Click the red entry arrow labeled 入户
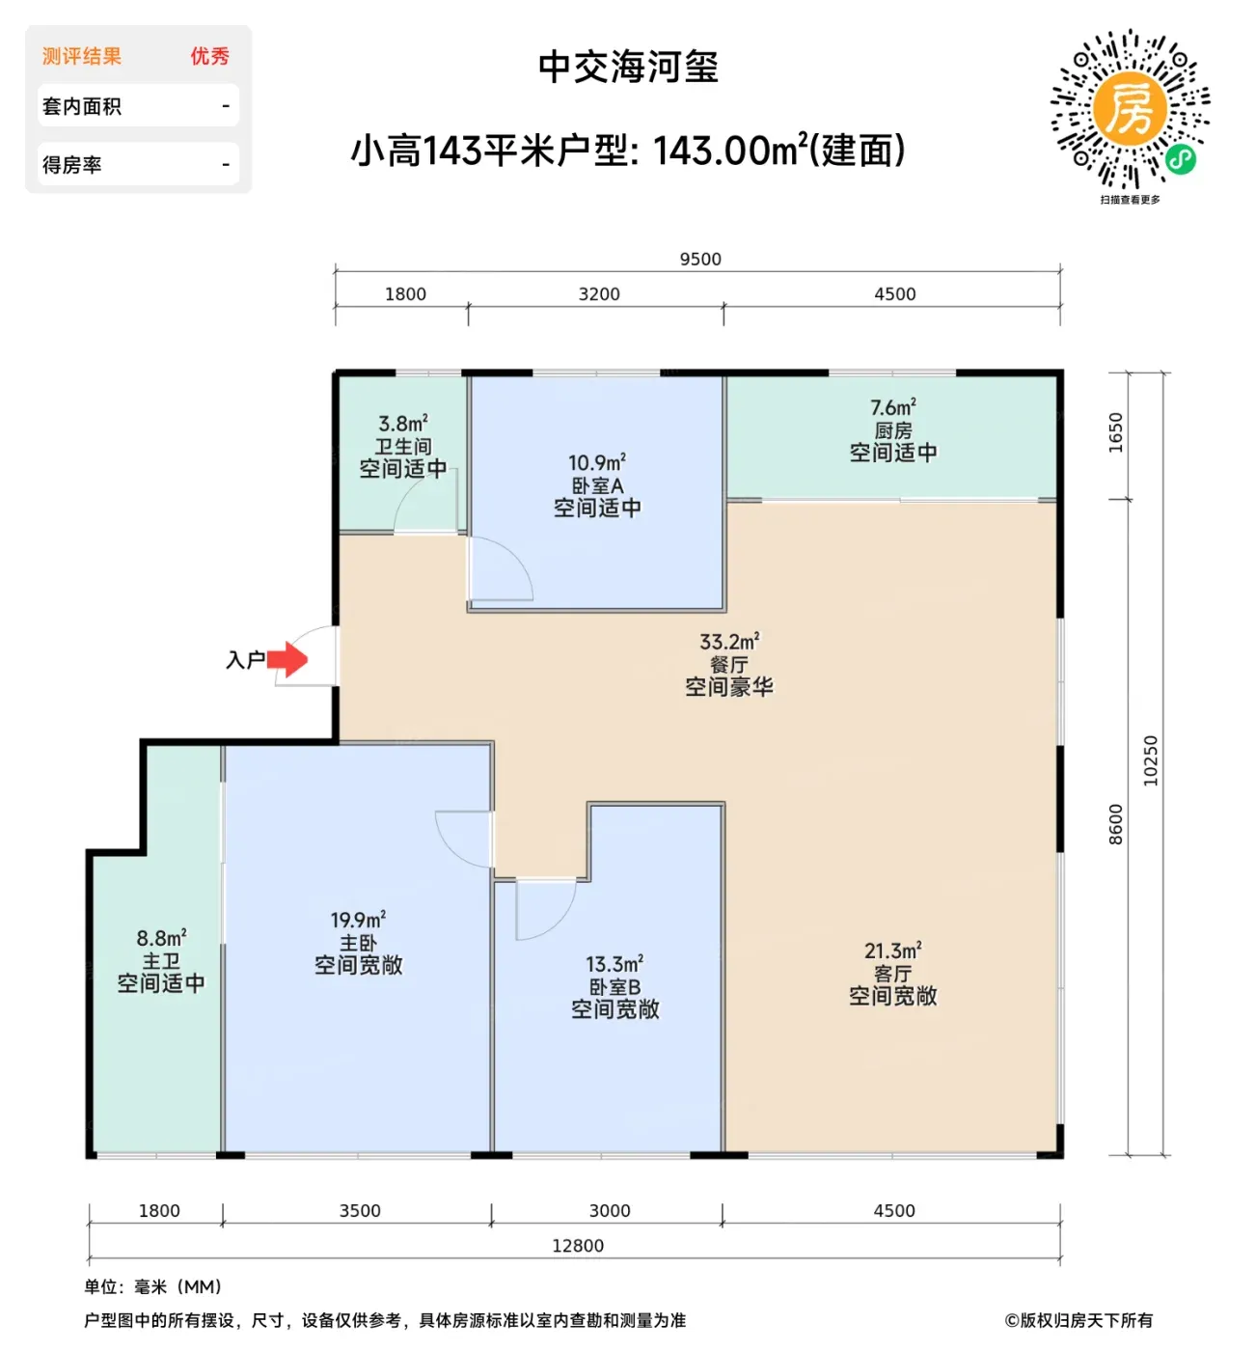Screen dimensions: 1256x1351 pyautogui.click(x=287, y=659)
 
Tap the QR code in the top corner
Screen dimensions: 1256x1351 pyautogui.click(x=1130, y=109)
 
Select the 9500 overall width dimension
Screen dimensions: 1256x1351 pyautogui.click(x=700, y=260)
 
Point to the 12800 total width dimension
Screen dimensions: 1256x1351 pyautogui.click(x=577, y=1246)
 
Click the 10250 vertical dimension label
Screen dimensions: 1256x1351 pyautogui.click(x=1150, y=760)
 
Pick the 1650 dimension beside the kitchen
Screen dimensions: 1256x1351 pyautogui.click(x=1116, y=432)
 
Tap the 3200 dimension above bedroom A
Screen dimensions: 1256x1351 pyautogui.click(x=599, y=294)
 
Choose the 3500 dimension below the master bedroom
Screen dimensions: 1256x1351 pyautogui.click(x=360, y=1211)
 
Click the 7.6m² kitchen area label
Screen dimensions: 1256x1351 pyautogui.click(x=893, y=407)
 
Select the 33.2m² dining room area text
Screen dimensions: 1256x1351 pyautogui.click(x=729, y=641)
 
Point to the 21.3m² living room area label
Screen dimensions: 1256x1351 pyautogui.click(x=893, y=951)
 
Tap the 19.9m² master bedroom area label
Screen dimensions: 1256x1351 pyautogui.click(x=358, y=920)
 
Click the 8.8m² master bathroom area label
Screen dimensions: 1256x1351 pyautogui.click(x=161, y=938)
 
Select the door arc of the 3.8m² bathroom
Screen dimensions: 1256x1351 pyautogui.click(x=409, y=484)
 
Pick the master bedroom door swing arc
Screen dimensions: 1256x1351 pyautogui.click(x=451, y=853)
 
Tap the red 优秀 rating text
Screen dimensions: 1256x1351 pyautogui.click(x=209, y=57)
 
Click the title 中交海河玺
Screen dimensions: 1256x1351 pyautogui.click(x=628, y=67)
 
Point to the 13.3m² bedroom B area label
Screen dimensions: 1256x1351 pyautogui.click(x=614, y=964)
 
